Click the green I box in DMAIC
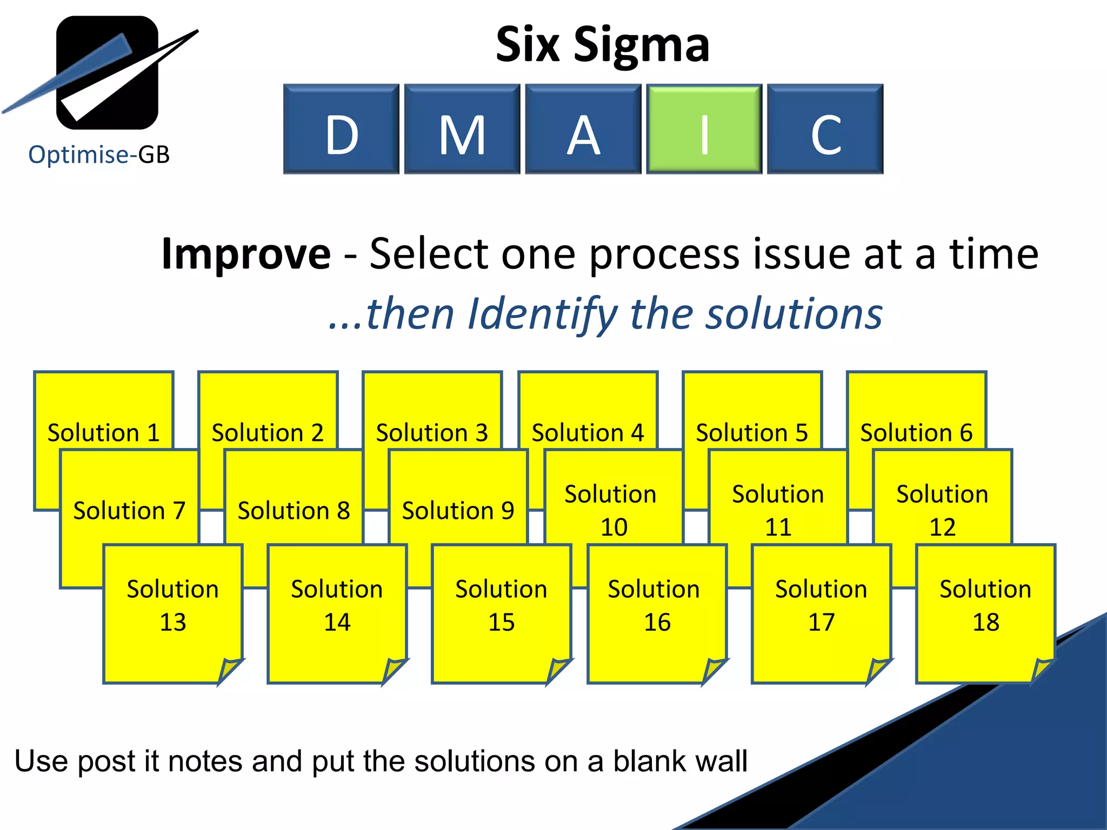click(x=704, y=129)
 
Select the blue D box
click(x=341, y=129)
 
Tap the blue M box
click(x=462, y=129)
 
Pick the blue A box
click(x=583, y=129)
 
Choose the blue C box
click(x=825, y=129)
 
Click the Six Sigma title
click(x=602, y=44)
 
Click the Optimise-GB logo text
click(x=99, y=155)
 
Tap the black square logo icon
click(x=107, y=72)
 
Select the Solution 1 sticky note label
click(x=103, y=432)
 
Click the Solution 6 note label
click(x=916, y=432)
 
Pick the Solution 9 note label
click(x=458, y=510)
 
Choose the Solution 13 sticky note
click(x=173, y=605)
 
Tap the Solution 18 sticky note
click(x=985, y=605)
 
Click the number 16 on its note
click(x=657, y=622)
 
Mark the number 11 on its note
click(x=778, y=527)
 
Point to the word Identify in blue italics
click(x=542, y=313)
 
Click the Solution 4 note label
click(x=588, y=432)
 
